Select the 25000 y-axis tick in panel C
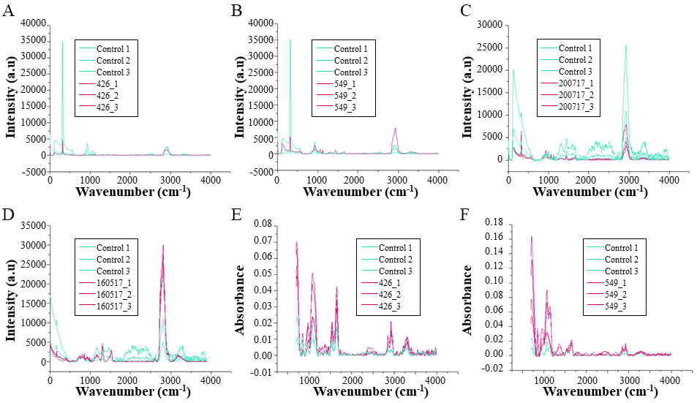pos(488,48)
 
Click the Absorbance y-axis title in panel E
pos(240,300)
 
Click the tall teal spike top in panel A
pos(62,42)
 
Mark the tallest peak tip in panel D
pos(163,245)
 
